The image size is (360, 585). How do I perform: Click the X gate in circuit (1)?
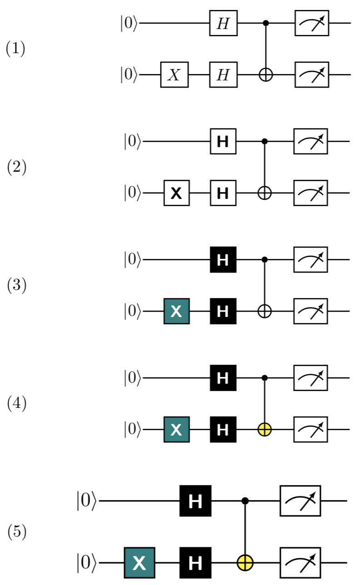[x=175, y=74]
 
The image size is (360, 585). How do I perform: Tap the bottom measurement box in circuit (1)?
[x=312, y=74]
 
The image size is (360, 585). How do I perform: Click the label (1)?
[x=15, y=49]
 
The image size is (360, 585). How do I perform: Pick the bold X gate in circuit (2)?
[x=176, y=193]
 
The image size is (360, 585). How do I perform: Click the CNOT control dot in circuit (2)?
[x=265, y=142]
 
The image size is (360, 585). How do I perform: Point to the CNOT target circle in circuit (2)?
[x=265, y=193]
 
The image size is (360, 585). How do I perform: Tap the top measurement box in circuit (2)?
[x=312, y=142]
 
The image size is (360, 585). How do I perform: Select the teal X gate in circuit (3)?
[x=176, y=311]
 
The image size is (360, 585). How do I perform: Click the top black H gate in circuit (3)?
[x=223, y=260]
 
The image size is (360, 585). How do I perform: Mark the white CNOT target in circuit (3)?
[x=265, y=311]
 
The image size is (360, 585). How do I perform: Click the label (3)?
[x=16, y=286]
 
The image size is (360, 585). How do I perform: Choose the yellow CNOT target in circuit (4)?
[x=265, y=429]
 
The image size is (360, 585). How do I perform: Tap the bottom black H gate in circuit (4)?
[x=223, y=429]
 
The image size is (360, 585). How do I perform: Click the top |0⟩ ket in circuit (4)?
[x=132, y=378]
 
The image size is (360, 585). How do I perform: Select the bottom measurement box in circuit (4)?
[x=312, y=429]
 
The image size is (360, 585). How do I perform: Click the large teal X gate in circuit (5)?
[x=140, y=563]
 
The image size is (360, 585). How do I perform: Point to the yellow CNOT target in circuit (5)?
[x=246, y=563]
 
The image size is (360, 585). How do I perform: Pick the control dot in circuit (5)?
[x=246, y=501]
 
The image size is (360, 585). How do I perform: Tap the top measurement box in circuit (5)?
[x=300, y=501]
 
